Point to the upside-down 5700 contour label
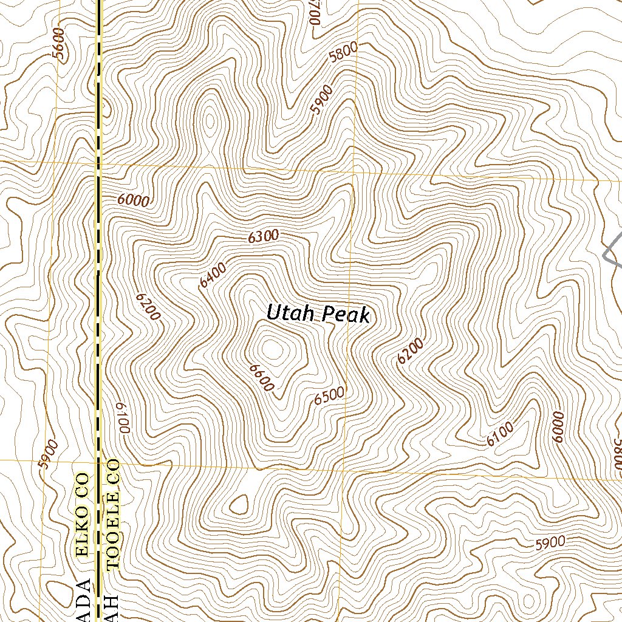click(x=314, y=12)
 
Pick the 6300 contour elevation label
click(x=263, y=237)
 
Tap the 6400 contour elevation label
click(x=213, y=275)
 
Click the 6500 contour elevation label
click(x=330, y=396)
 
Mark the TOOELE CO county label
click(x=113, y=514)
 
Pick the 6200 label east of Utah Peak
click(x=410, y=352)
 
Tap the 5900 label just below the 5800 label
click(x=321, y=100)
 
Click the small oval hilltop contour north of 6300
click(x=210, y=121)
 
